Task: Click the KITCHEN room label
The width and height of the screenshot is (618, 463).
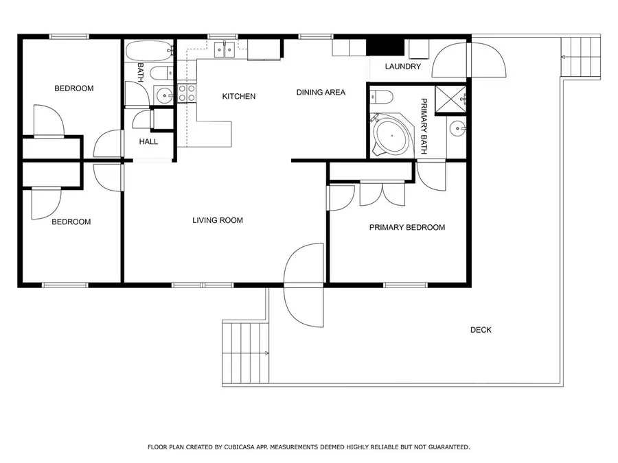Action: click(238, 97)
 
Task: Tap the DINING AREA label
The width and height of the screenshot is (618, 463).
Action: click(321, 93)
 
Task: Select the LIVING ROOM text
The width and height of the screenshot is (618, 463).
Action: click(218, 221)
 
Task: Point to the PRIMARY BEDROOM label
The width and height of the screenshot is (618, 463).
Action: click(407, 228)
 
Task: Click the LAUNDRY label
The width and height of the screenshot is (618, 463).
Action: click(402, 67)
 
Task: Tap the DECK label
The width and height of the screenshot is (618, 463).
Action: click(481, 331)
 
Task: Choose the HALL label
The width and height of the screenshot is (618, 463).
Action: click(148, 142)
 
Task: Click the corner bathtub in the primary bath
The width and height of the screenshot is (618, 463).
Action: click(391, 136)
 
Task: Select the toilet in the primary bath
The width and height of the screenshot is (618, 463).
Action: click(382, 97)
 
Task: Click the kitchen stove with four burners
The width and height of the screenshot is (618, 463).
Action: click(187, 93)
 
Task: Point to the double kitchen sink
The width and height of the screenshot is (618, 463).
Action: click(224, 49)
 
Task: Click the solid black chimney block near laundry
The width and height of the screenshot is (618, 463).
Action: click(385, 46)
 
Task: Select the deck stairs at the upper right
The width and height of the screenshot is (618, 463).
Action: click(581, 57)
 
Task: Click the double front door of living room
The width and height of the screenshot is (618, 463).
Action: click(304, 283)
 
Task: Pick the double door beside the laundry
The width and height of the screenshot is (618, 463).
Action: click(468, 60)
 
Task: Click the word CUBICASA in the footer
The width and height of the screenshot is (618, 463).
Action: click(236, 447)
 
